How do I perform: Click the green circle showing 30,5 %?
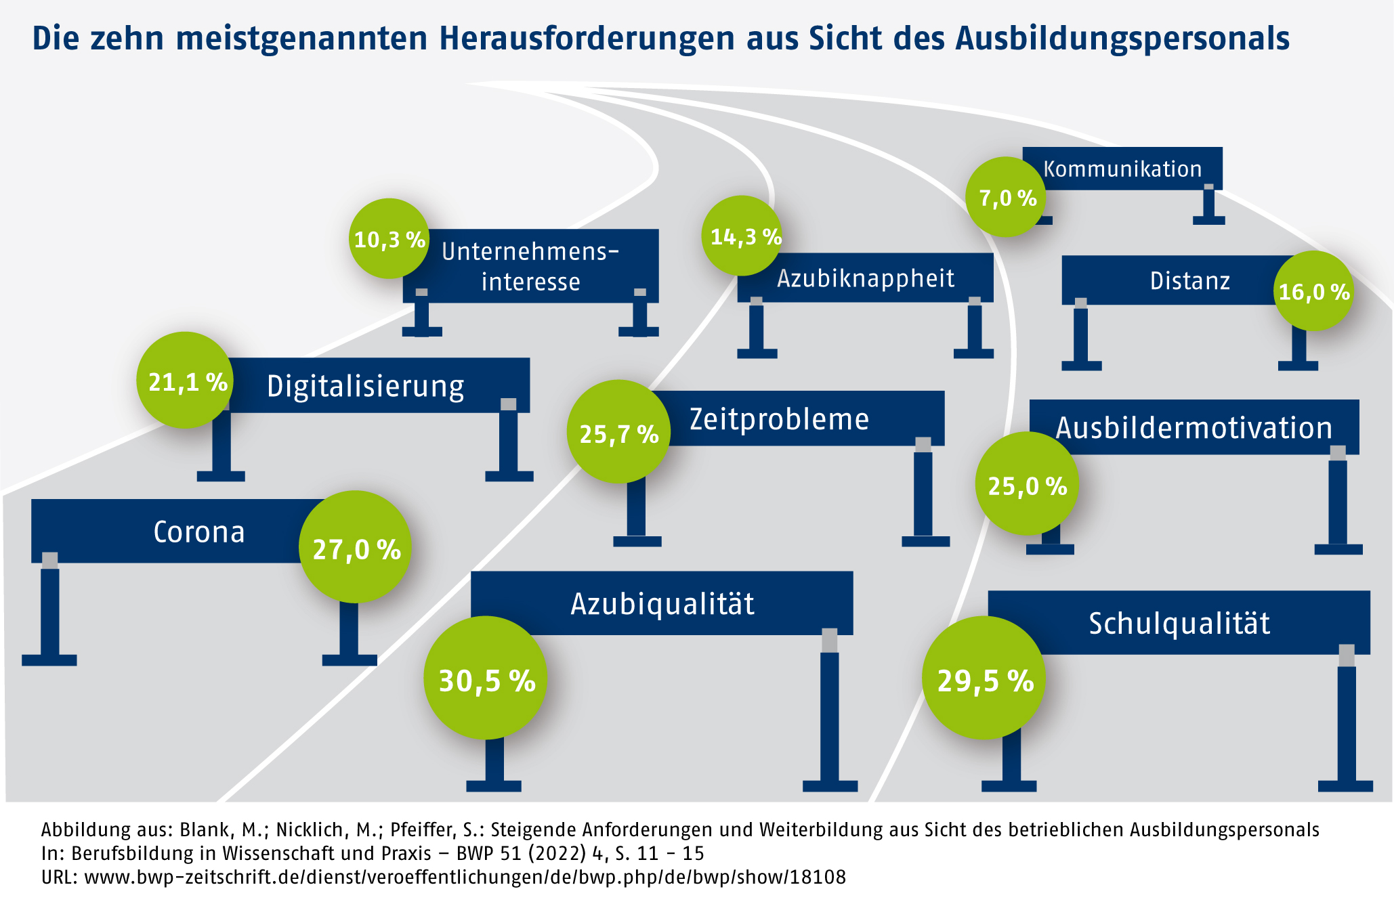pyautogui.click(x=486, y=678)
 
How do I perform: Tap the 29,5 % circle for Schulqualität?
pyautogui.click(x=984, y=678)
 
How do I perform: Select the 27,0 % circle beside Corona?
pyautogui.click(x=355, y=547)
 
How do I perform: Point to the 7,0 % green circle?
pyautogui.click(x=1007, y=197)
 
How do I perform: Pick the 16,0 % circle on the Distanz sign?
pyautogui.click(x=1313, y=291)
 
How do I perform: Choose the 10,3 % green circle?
pyautogui.click(x=389, y=238)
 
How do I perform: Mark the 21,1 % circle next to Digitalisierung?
pyautogui.click(x=186, y=381)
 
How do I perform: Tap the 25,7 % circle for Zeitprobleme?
pyautogui.click(x=618, y=432)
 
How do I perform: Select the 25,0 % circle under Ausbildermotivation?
pyautogui.click(x=1027, y=484)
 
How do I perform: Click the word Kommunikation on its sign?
pyautogui.click(x=1122, y=169)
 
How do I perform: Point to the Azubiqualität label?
pyautogui.click(x=662, y=603)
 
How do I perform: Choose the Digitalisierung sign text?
pyautogui.click(x=365, y=386)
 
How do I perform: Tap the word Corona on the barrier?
pyautogui.click(x=198, y=532)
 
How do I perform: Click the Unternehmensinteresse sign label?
pyautogui.click(x=530, y=266)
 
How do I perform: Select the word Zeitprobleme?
pyautogui.click(x=779, y=419)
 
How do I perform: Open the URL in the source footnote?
pyautogui.click(x=465, y=878)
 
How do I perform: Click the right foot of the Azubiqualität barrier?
pyautogui.click(x=830, y=786)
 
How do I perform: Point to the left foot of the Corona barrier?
pyautogui.click(x=49, y=660)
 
